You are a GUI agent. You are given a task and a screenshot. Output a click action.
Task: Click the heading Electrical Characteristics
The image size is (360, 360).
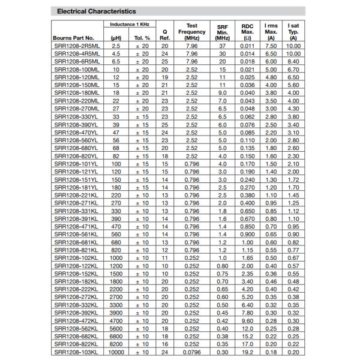pos(95,11)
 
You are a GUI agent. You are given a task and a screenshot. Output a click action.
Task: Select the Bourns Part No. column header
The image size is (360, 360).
pos(74,37)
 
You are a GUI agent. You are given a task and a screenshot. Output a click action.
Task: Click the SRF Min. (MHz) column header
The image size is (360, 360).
pos(222,31)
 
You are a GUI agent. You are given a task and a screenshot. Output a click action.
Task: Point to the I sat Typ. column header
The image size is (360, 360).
pos(293,31)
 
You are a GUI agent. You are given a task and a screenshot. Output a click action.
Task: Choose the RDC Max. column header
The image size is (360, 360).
pos(247,31)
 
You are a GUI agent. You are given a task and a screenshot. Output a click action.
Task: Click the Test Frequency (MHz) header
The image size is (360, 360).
pos(192,31)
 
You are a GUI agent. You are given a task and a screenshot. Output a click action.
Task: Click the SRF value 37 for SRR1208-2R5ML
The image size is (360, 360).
pos(222,46)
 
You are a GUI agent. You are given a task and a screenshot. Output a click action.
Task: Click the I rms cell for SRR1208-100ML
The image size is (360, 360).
pos(271,69)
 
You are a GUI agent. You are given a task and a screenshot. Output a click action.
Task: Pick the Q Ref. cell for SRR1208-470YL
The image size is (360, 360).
pos(164,132)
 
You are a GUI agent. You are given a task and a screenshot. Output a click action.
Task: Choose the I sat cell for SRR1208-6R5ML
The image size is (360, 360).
pos(293,61)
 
